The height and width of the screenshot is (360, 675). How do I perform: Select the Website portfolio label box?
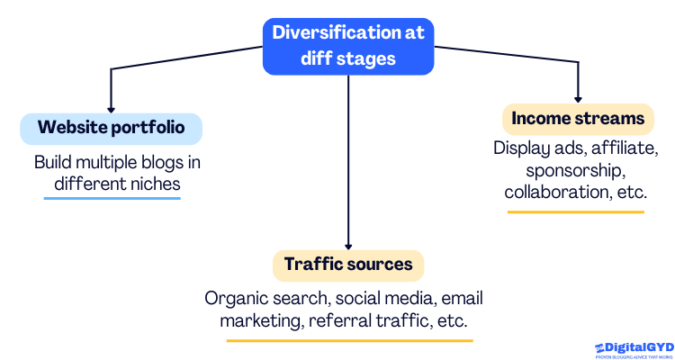(x=111, y=129)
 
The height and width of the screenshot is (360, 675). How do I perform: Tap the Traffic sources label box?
(x=348, y=265)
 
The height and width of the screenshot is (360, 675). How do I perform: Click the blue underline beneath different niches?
(x=112, y=198)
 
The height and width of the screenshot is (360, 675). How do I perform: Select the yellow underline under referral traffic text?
(x=349, y=340)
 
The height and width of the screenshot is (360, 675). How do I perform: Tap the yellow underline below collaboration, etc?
(x=576, y=211)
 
